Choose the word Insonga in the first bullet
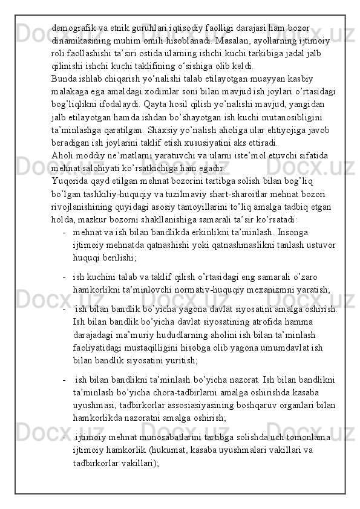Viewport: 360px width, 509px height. pos(277,232)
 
